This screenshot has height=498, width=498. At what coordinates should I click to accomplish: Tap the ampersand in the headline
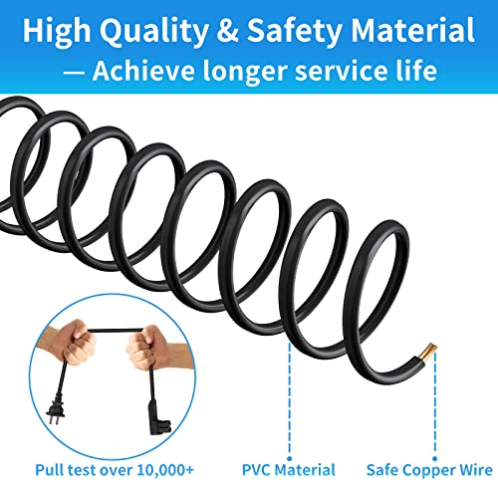click(x=227, y=31)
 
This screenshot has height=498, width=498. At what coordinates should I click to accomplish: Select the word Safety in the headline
click(x=295, y=31)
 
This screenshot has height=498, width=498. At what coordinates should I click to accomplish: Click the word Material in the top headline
click(x=412, y=31)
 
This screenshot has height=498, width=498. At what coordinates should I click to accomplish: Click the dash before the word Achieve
click(x=74, y=73)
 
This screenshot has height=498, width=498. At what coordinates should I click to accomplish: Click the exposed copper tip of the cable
click(x=428, y=352)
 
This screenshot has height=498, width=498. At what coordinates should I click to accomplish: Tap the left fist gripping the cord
click(x=74, y=342)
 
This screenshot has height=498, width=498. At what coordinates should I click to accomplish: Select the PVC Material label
click(x=289, y=470)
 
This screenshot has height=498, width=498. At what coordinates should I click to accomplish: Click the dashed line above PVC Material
click(x=290, y=400)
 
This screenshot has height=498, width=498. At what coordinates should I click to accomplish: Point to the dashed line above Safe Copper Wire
click(x=435, y=405)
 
